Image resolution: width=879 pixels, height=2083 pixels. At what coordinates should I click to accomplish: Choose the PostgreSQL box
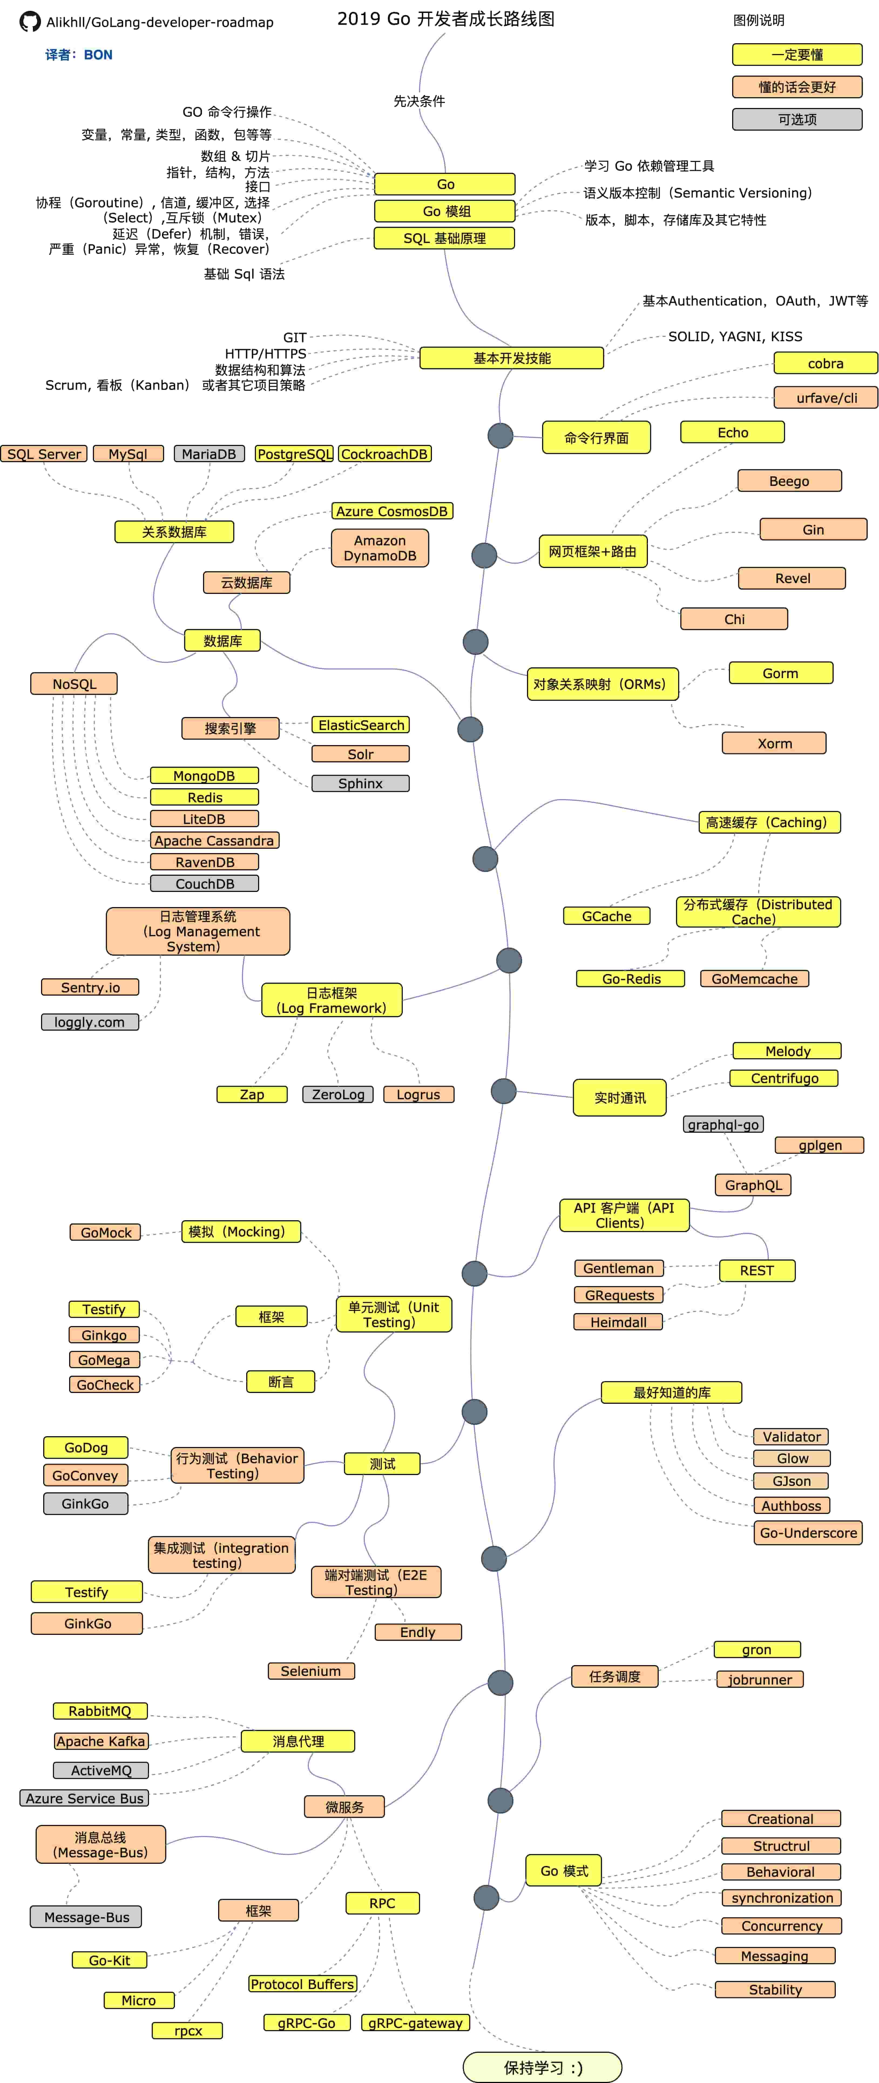294,454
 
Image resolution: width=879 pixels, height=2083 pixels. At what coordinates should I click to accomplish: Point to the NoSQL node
74,683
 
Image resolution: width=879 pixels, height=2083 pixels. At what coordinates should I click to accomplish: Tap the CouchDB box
205,884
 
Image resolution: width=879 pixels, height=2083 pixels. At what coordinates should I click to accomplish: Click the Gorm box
780,673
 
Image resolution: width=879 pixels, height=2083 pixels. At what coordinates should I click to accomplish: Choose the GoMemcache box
755,978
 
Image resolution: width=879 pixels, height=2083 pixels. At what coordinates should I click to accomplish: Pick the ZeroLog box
338,1094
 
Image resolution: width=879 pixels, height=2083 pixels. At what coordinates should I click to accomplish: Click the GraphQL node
753,1185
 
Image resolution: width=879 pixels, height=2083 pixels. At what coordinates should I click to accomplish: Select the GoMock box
105,1232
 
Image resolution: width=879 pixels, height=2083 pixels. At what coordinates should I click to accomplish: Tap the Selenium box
311,1671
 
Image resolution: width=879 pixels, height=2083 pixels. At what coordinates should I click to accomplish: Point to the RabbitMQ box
100,1711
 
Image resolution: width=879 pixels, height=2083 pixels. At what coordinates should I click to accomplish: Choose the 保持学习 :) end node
543,2067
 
